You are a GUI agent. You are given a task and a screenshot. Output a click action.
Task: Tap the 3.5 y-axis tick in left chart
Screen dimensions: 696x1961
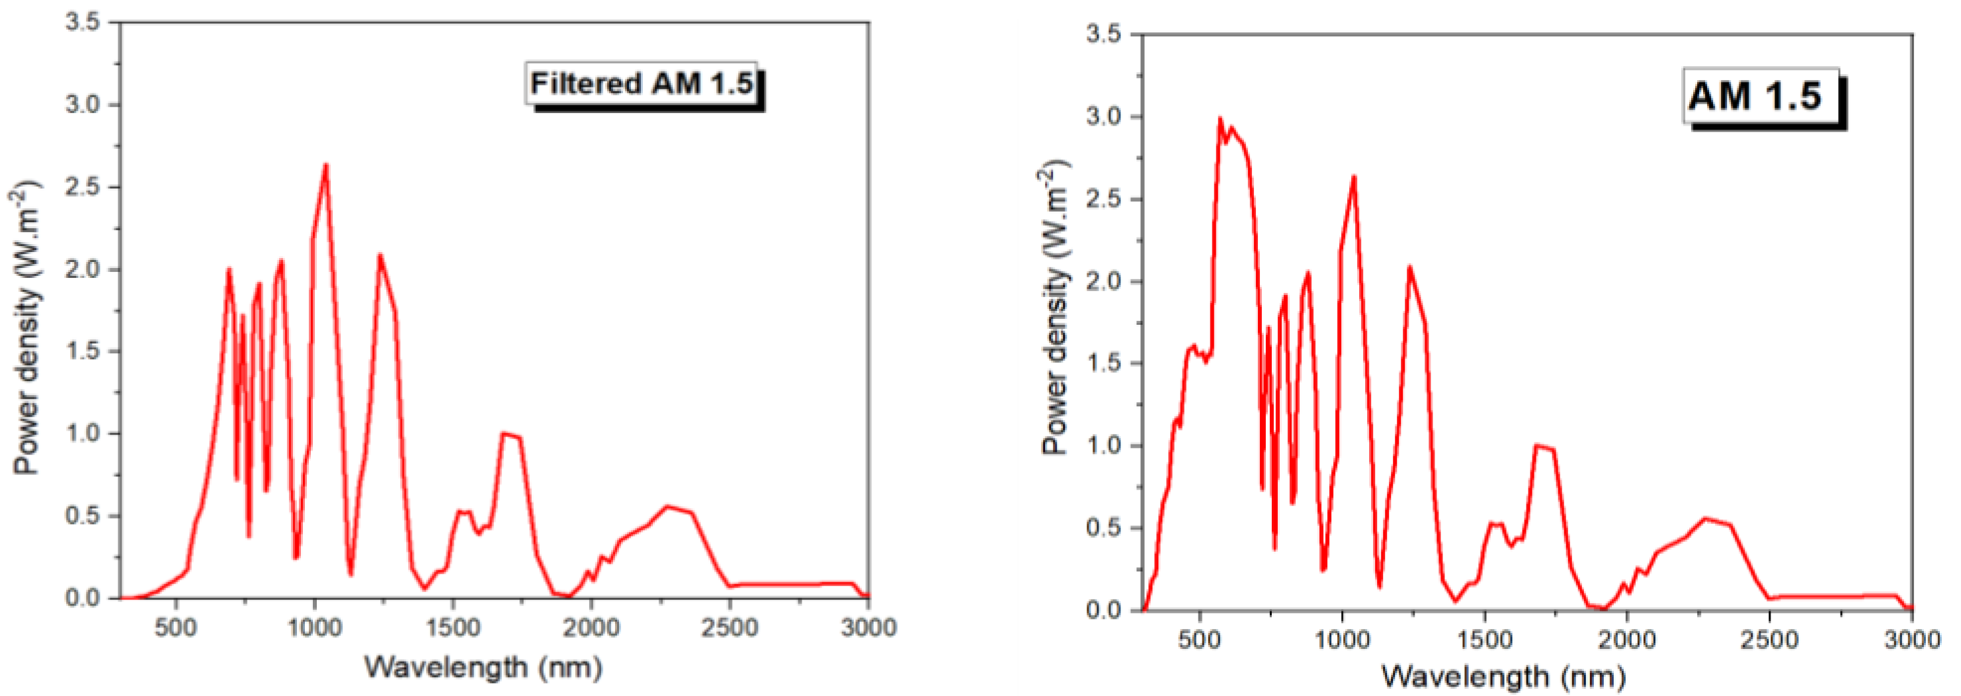pos(84,23)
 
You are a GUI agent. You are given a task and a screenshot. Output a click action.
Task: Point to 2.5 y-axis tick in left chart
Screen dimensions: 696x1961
pos(84,187)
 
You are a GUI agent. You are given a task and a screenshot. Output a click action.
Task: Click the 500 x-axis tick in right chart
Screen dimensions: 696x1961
pos(1200,639)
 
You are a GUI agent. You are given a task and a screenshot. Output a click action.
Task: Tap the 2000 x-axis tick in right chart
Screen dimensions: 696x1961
pos(1628,639)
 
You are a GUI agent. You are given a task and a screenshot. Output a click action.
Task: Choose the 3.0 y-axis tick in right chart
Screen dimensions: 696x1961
pos(1105,117)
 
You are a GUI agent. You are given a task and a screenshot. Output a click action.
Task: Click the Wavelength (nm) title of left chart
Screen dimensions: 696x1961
pos(484,668)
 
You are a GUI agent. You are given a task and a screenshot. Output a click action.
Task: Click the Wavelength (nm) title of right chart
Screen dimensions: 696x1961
pos(1503,677)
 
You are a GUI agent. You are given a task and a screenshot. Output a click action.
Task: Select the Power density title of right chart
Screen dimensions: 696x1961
pos(1055,308)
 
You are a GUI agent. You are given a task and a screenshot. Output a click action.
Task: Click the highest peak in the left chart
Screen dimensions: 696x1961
pos(326,165)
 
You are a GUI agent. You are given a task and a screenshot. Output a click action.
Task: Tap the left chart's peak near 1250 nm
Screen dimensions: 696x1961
pos(380,255)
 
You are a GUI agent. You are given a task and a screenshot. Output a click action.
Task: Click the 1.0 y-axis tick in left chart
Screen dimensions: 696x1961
pos(84,434)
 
